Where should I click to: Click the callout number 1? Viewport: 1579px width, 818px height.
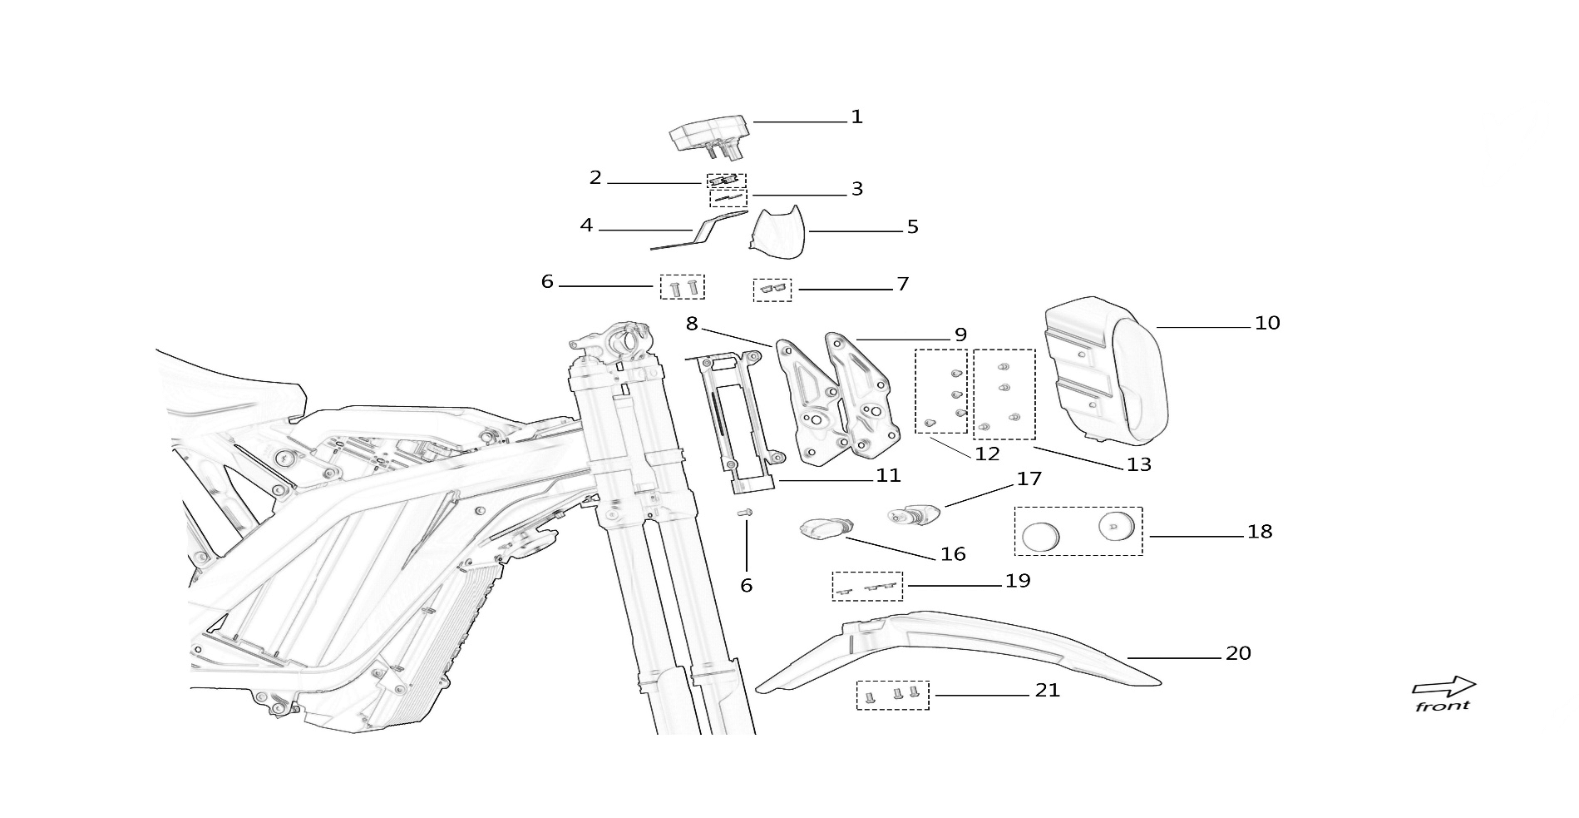(856, 117)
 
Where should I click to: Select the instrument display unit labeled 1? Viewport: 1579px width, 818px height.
(710, 136)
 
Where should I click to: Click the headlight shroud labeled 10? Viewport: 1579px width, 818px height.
(1106, 371)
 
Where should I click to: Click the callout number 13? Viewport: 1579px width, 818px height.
(1138, 464)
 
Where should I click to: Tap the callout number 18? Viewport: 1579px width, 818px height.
(1260, 532)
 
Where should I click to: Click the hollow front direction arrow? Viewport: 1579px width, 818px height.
(1443, 687)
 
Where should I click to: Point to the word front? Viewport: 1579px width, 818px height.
(1442, 706)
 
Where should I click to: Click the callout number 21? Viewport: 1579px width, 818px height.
(1048, 691)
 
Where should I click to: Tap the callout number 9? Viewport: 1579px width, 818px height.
(960, 335)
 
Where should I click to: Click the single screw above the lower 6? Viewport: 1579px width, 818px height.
(746, 513)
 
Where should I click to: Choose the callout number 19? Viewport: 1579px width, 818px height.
(1018, 581)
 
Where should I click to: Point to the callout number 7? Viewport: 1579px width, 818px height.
(902, 285)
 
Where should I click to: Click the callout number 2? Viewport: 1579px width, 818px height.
(595, 178)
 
